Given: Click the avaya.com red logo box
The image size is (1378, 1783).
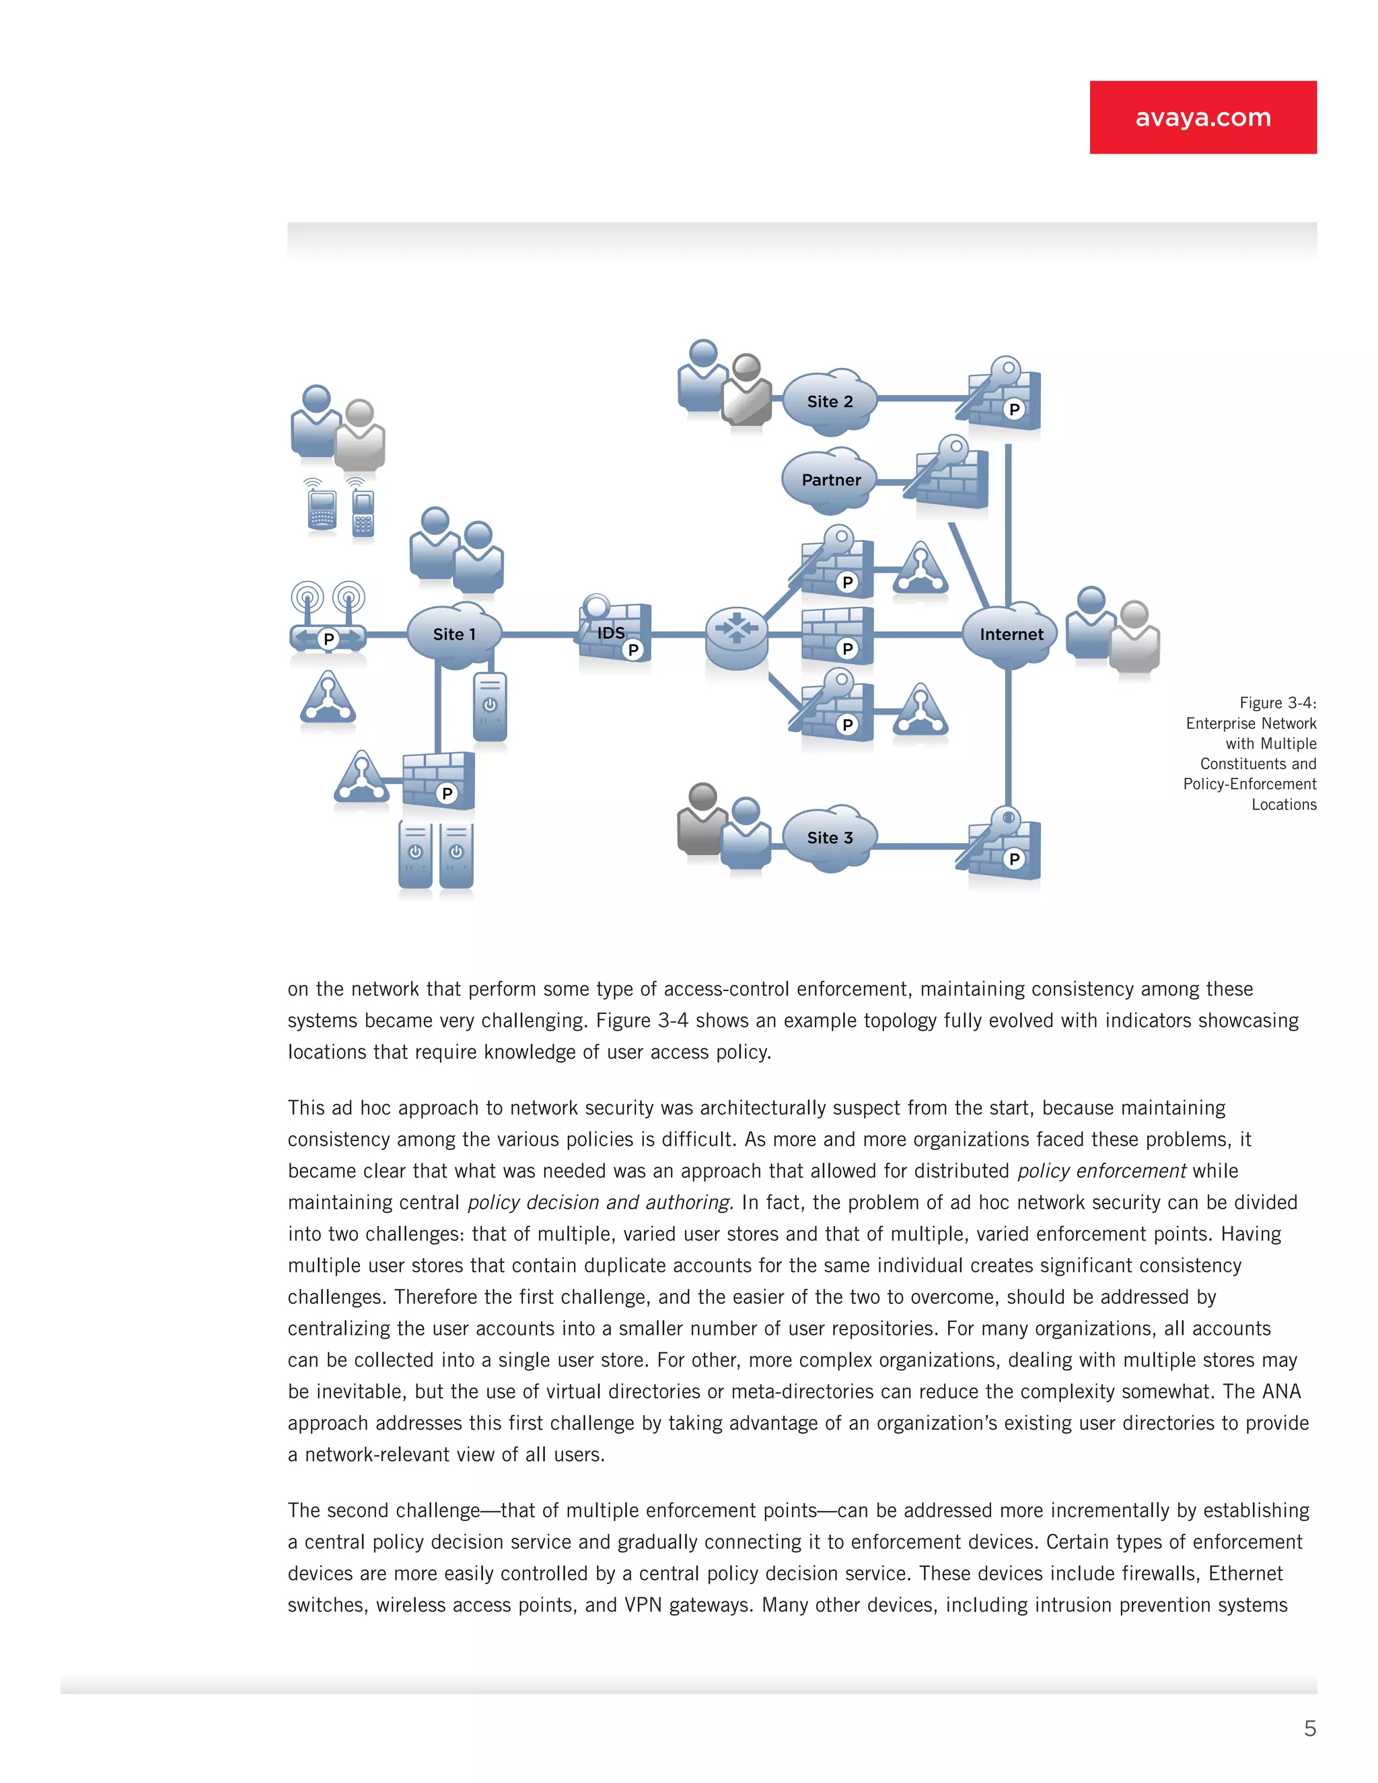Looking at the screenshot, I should pos(1202,117).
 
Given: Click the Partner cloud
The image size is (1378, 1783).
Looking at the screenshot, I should pos(830,480).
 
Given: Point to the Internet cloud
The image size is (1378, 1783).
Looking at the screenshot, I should pos(1011,634).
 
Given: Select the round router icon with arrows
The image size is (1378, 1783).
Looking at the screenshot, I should pos(736,636).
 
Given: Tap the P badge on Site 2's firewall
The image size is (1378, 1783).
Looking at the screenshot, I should pos(1014,409).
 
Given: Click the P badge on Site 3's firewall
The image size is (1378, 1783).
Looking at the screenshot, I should pos(1014,859).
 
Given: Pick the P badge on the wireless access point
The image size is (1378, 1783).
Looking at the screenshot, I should pos(328,639).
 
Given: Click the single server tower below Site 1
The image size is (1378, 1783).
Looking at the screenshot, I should pos(490,706).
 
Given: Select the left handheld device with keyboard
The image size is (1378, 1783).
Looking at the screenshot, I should pos(322,509).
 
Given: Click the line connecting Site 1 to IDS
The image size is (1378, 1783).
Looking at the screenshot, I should pos(539,634).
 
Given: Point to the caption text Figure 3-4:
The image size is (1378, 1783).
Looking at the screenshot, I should pos(1277,703).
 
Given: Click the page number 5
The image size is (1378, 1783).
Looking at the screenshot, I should pos(1309,1729).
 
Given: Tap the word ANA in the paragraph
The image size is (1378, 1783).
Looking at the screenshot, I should pos(1281,1391).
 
